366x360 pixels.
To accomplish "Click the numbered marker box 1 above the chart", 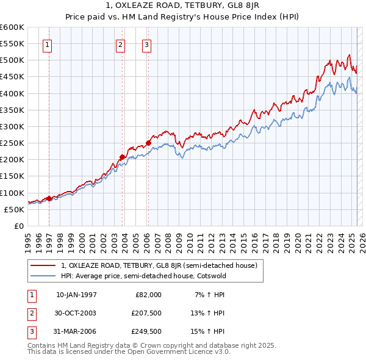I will tap(48, 44).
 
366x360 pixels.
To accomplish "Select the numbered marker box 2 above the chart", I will tap(120, 44).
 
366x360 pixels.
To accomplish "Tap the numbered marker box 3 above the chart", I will tap(146, 44).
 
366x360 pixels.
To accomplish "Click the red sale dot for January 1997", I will tap(49, 198).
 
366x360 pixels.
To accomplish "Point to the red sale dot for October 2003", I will tap(122, 157).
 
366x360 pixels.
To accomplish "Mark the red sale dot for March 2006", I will tap(148, 143).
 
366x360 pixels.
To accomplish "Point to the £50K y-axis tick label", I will tap(15, 209).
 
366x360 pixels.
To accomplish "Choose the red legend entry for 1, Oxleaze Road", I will tap(159, 266).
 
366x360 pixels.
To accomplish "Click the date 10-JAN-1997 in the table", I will tap(76, 295).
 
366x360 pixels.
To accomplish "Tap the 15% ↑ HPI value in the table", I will tap(209, 331).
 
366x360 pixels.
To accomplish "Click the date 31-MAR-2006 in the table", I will tap(76, 331).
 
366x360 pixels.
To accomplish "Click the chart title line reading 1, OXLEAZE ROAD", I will tap(183, 8).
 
